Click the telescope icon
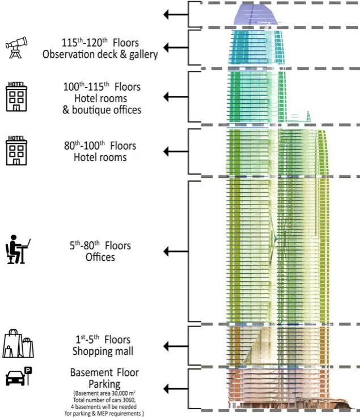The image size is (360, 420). pos(16,48)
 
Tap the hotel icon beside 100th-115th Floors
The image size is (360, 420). pos(16,97)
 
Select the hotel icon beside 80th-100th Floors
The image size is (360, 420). pos(16,151)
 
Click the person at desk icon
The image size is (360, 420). pos(18,249)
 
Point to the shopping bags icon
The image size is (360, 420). pos(18,343)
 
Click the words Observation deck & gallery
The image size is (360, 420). pos(100,54)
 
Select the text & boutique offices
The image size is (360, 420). pos(102,110)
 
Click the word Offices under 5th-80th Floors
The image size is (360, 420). pos(100,257)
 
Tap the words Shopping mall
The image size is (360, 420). pos(103,351)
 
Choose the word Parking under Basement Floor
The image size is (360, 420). pos(104,384)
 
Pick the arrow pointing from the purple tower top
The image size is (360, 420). pos(176,14)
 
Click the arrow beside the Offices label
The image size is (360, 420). pos(176,252)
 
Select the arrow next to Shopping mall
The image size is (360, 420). pos(176,346)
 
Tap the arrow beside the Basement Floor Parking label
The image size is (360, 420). pos(176,389)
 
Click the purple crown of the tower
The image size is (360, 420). pos(255,15)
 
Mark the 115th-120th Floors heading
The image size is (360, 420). pos(100,43)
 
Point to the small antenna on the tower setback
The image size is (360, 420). pos(308,117)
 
